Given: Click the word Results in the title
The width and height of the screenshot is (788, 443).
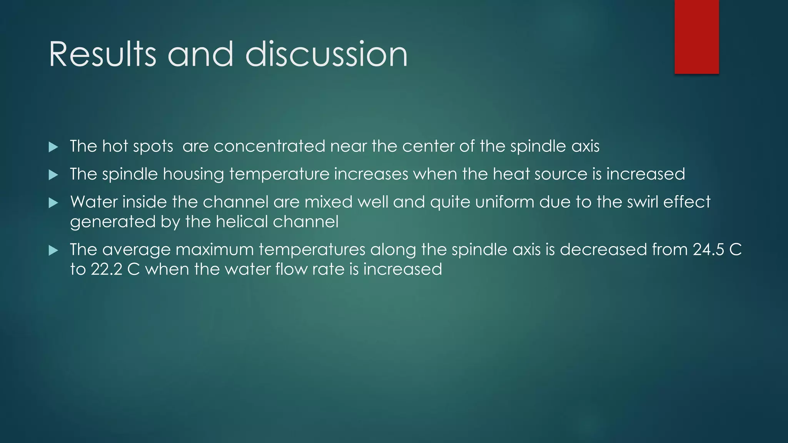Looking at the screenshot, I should [102, 54].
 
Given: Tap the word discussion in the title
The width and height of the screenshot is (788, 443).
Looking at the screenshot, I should [326, 54].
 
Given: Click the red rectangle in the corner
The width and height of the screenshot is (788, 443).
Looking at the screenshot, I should [696, 37].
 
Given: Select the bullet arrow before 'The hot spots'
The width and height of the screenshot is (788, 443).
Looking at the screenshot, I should [53, 147].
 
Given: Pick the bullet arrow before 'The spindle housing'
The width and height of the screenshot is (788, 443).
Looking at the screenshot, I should [53, 175].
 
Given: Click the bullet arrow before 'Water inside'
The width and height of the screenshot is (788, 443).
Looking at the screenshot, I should [53, 203].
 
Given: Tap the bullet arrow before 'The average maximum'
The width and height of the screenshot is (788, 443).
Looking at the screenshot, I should [53, 251].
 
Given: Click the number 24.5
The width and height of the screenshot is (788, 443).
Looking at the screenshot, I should [708, 250].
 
